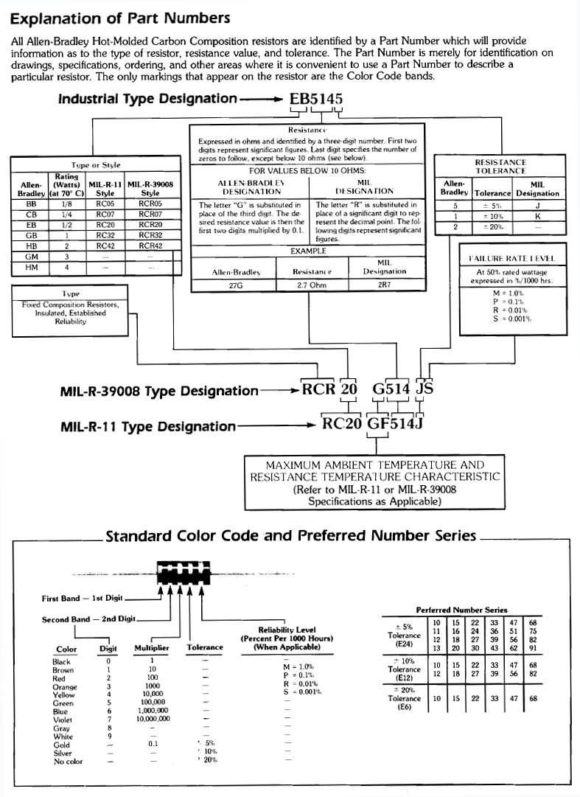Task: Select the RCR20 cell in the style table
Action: coord(150,225)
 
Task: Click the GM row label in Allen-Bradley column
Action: coord(31,257)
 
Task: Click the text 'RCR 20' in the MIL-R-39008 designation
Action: coord(330,389)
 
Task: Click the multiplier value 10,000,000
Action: coord(153,718)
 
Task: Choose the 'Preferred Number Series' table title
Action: coord(461,610)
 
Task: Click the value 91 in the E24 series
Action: coord(533,648)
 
